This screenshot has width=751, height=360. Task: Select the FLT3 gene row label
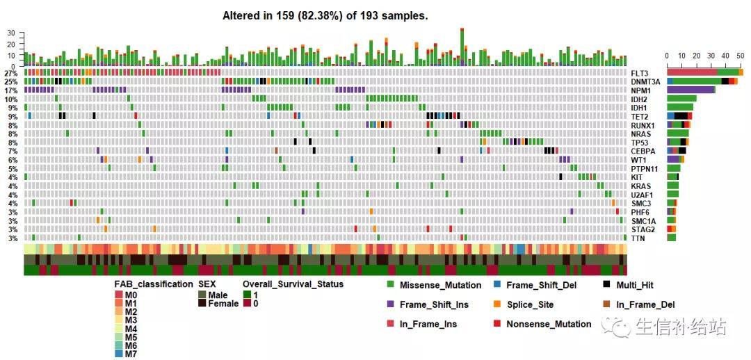pos(640,73)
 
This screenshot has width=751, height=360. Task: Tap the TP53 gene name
pos(640,142)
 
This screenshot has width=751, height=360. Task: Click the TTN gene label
pos(638,238)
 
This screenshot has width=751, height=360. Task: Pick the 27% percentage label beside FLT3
pos(10,73)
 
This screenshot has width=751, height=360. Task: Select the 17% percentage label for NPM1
pos(10,90)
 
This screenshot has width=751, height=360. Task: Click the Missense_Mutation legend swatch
pos(390,285)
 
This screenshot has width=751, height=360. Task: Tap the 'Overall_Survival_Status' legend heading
pos(293,284)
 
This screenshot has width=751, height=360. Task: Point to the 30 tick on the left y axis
pos(10,33)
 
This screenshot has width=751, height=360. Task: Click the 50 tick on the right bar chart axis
pos(740,56)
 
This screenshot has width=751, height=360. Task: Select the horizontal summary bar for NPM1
pos(691,90)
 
